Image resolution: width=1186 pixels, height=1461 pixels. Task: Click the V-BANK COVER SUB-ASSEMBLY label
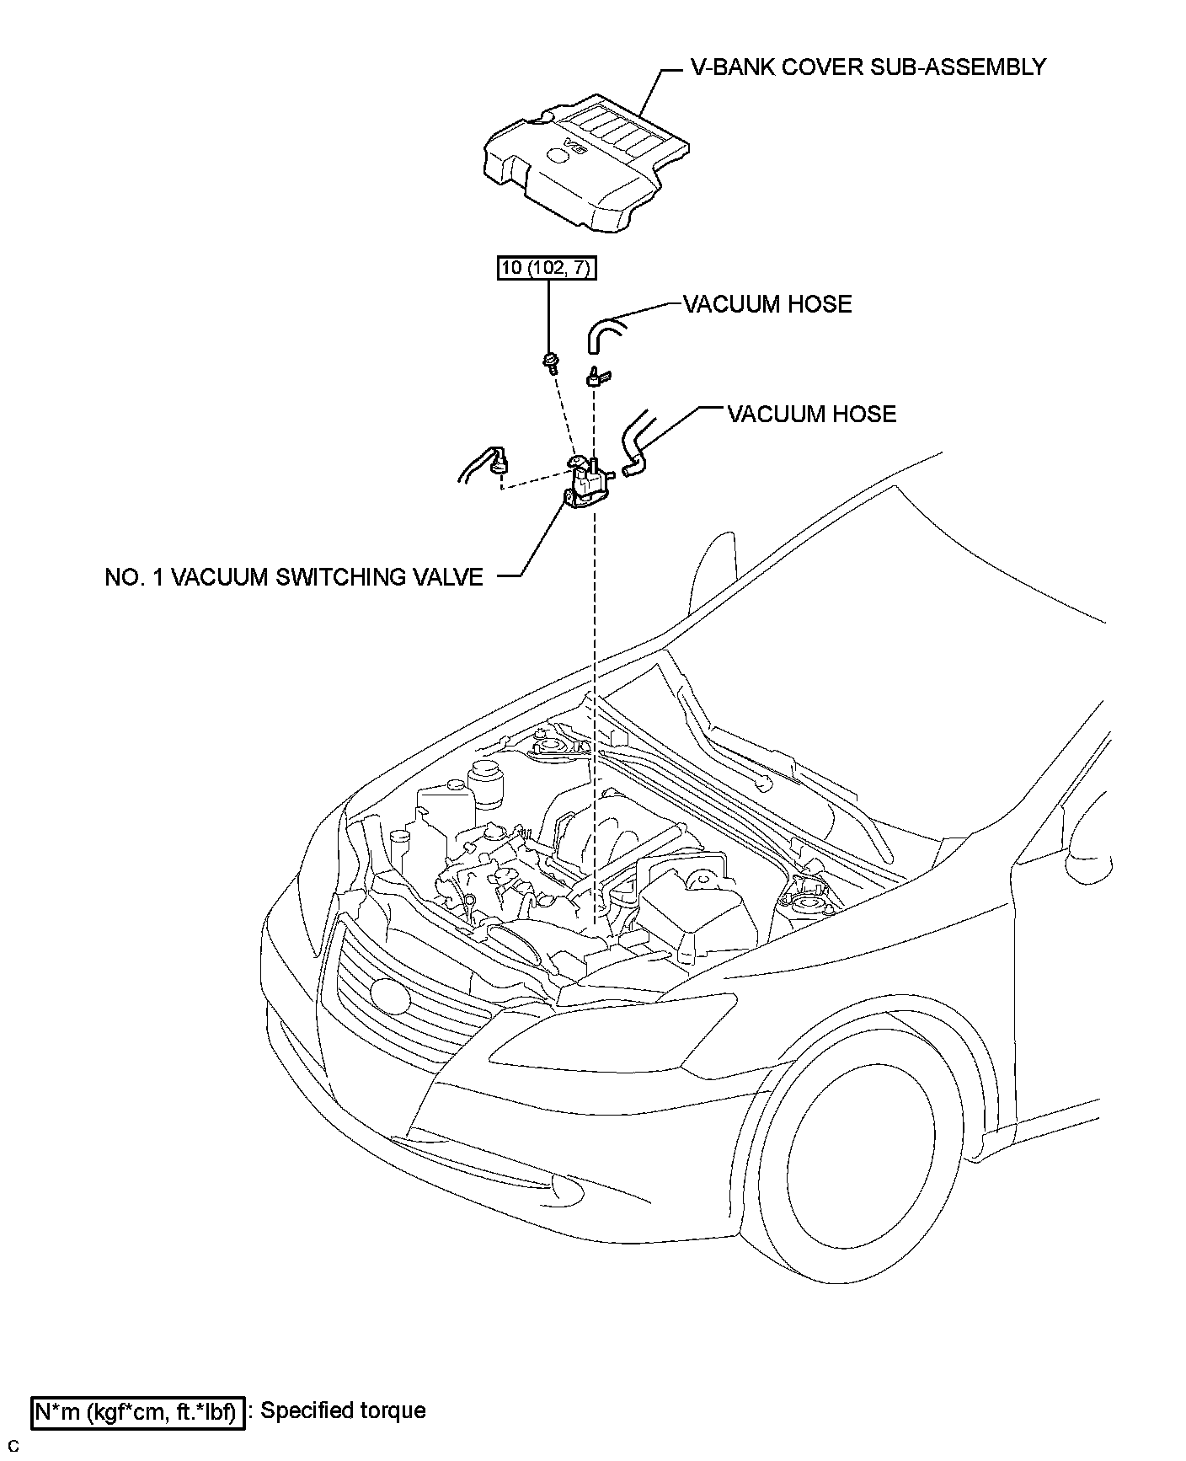tap(868, 67)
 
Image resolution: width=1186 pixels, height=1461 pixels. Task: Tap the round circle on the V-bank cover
tap(558, 157)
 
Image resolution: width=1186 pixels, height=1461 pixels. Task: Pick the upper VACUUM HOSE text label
tap(767, 304)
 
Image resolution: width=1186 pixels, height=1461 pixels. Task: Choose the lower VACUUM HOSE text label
tap(811, 414)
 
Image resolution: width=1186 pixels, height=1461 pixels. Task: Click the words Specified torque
tap(343, 1410)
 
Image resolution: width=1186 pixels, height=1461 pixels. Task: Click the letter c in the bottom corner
tap(13, 1447)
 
